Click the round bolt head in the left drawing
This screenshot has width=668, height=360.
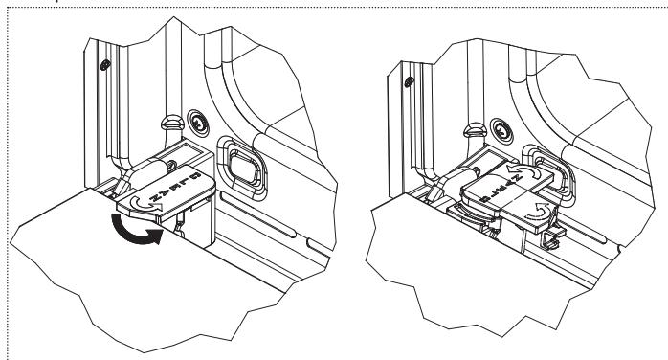coord(195,122)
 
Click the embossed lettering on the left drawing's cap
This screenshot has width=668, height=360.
coord(182,185)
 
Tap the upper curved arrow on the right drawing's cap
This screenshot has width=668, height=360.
coord(520,173)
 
